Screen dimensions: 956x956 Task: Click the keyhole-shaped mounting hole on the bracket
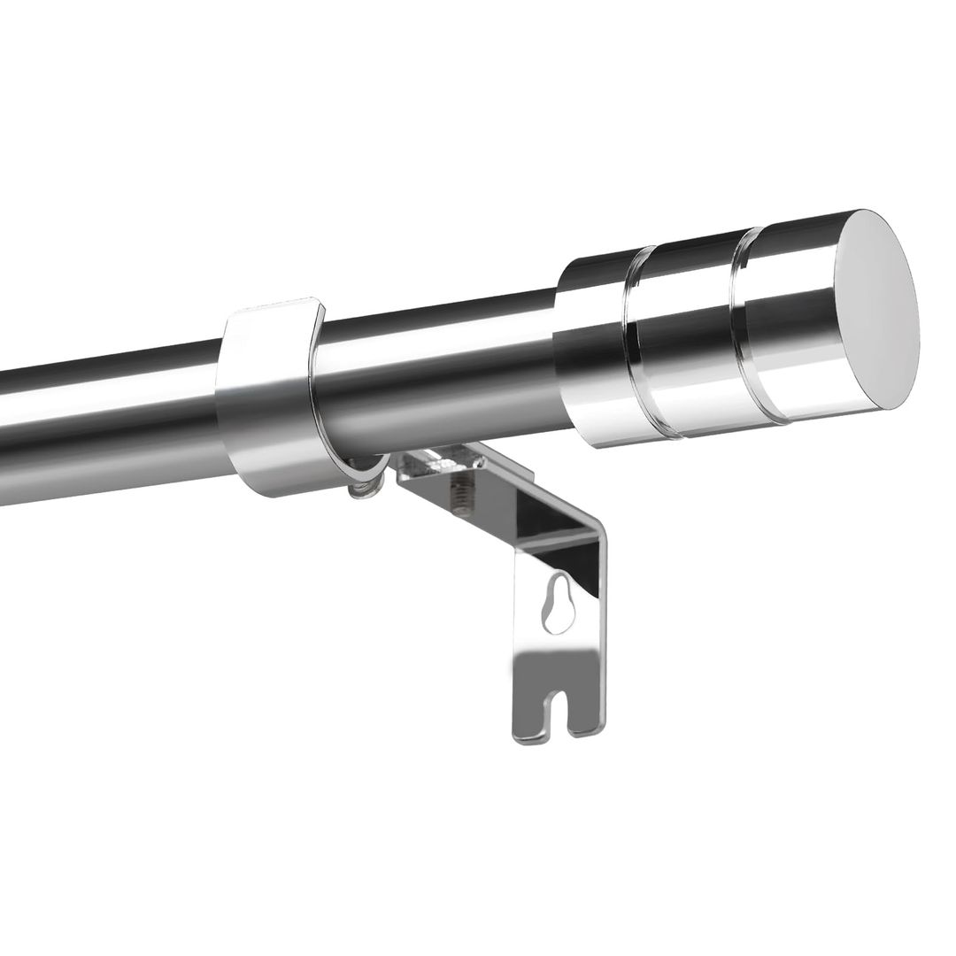click(559, 602)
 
